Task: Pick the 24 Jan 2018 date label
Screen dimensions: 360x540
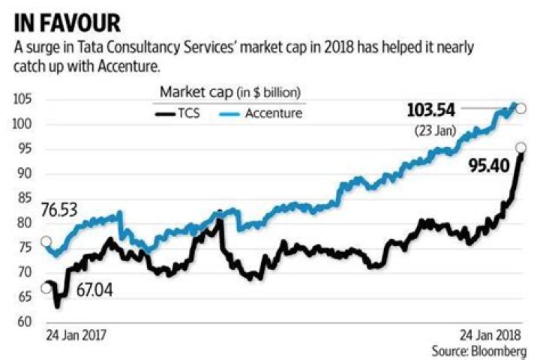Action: (x=492, y=334)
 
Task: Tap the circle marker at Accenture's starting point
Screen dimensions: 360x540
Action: (x=46, y=241)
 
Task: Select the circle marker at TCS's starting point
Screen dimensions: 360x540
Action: (x=46, y=289)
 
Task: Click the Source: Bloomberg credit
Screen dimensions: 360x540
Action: (x=478, y=350)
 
